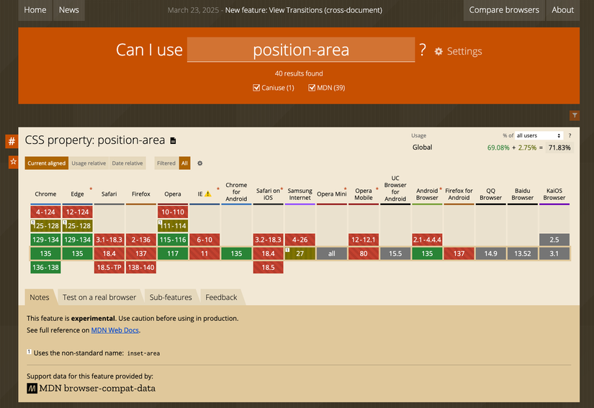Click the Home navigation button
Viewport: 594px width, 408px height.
click(35, 10)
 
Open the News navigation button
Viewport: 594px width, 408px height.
click(69, 10)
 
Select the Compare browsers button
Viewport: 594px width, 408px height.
click(503, 10)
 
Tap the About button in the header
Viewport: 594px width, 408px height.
click(562, 10)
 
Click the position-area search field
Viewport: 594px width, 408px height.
click(301, 50)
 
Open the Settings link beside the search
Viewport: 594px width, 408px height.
click(458, 52)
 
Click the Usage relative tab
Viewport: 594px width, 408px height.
click(89, 163)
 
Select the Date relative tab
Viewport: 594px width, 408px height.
click(127, 163)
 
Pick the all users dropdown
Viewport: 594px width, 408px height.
click(539, 135)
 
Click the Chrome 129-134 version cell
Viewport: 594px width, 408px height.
click(45, 239)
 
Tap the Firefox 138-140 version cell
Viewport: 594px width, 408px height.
click(141, 267)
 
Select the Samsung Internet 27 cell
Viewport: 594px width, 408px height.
click(300, 253)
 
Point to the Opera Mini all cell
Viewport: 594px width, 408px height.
click(331, 253)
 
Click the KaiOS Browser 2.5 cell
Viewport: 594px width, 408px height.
click(554, 239)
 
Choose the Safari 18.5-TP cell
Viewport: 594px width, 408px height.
click(109, 267)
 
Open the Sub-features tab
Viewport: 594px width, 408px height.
click(171, 297)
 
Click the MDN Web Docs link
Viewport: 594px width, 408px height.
click(115, 330)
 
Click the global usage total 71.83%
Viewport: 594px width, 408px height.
click(559, 148)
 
